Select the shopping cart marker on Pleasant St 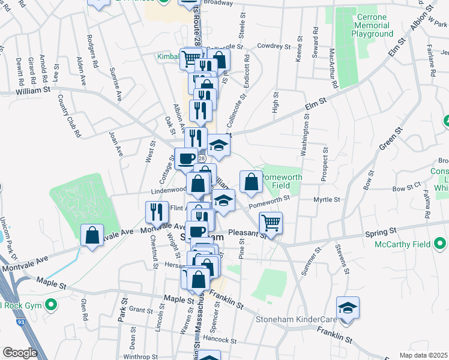point(271,223)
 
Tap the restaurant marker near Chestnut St point(157,212)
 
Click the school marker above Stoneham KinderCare point(348,307)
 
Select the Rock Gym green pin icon point(52,304)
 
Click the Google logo point(20,353)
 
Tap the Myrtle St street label point(327,199)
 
